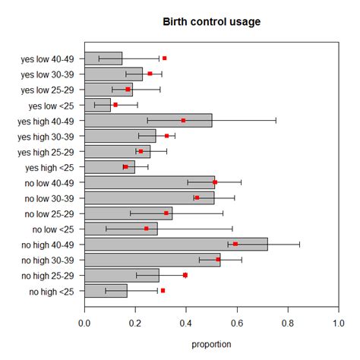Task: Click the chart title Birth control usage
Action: pos(211,21)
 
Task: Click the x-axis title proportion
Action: pos(211,344)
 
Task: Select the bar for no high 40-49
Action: pos(175,244)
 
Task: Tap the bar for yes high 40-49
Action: pos(148,120)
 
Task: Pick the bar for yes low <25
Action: pos(97,104)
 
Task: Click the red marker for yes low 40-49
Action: pos(164,58)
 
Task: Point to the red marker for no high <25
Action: pos(163,290)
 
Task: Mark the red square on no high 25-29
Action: pos(185,275)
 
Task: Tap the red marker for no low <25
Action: pos(147,229)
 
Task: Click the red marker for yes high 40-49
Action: pos(183,120)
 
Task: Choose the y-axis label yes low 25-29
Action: pos(48,89)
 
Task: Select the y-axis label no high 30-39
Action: pos(47,260)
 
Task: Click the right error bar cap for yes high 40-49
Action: pos(276,120)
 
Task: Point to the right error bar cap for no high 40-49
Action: pos(299,244)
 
